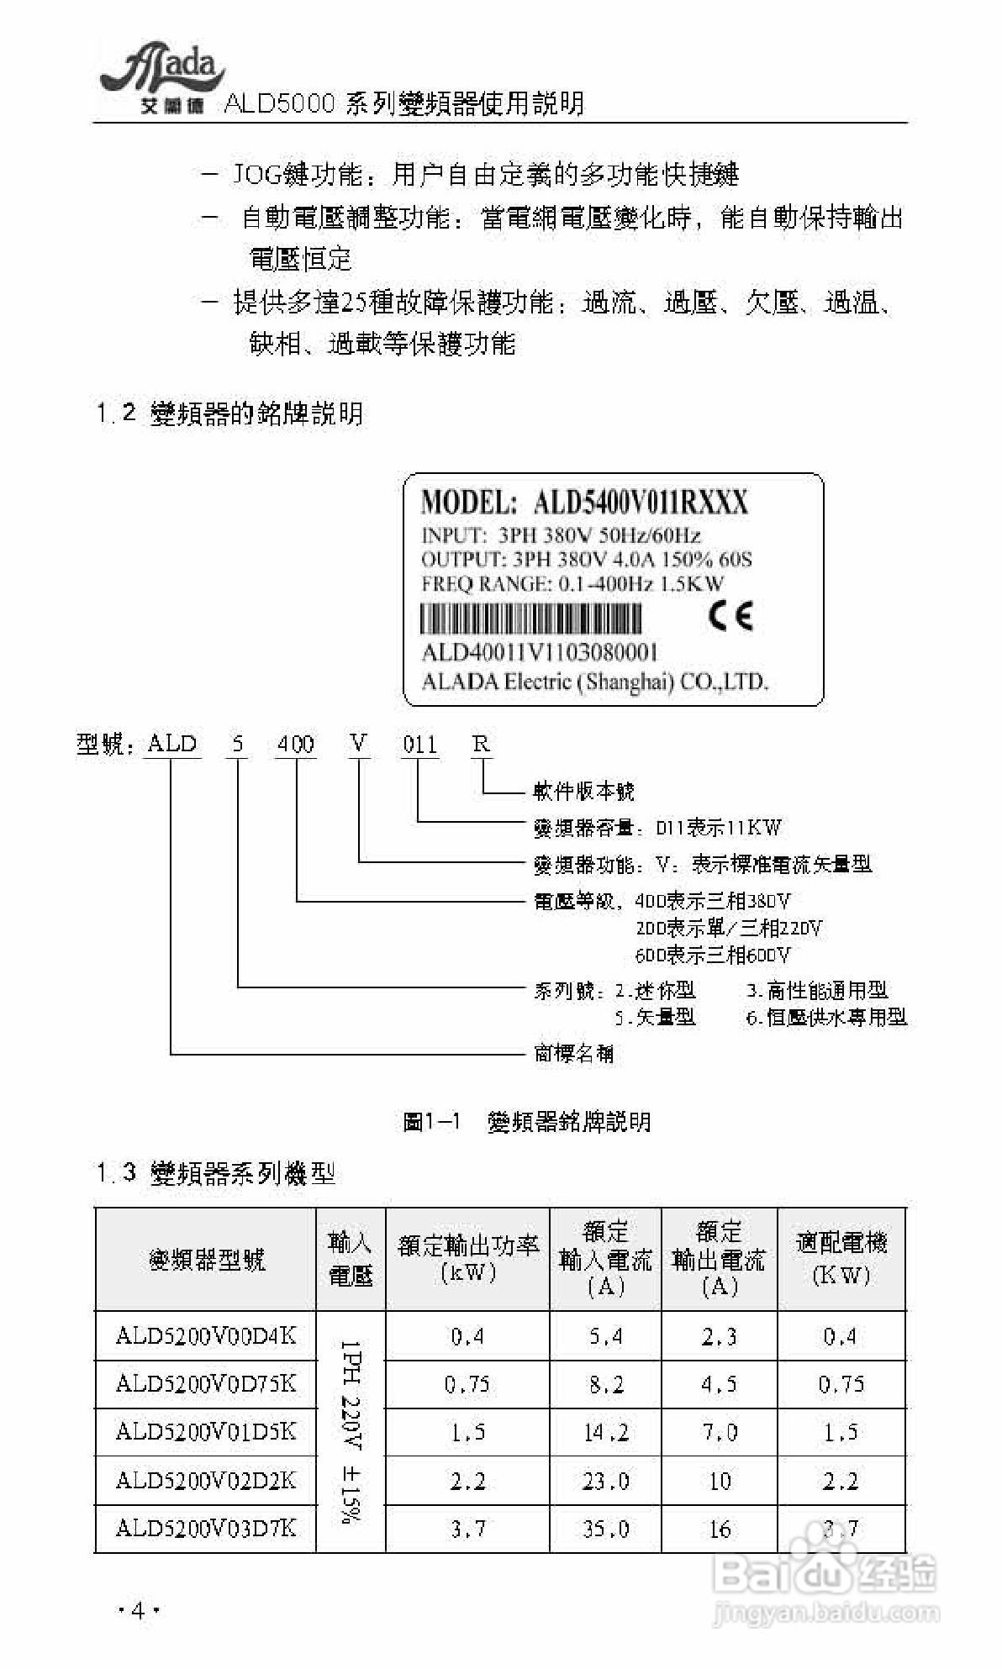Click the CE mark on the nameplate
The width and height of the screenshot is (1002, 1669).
pyautogui.click(x=730, y=616)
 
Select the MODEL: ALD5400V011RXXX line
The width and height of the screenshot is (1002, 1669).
pyautogui.click(x=584, y=503)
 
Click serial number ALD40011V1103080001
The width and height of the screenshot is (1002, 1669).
pyautogui.click(x=539, y=653)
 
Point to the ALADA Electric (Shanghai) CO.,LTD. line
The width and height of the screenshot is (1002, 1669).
pyautogui.click(x=594, y=681)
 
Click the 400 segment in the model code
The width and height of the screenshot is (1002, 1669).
pyautogui.click(x=296, y=744)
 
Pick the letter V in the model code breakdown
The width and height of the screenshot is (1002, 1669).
pyautogui.click(x=360, y=743)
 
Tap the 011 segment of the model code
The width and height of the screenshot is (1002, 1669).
pyautogui.click(x=419, y=744)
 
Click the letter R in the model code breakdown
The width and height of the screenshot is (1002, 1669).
pyautogui.click(x=481, y=743)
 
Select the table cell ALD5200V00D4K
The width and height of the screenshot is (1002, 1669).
pyautogui.click(x=206, y=1335)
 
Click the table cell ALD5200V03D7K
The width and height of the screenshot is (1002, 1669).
pyautogui.click(x=206, y=1527)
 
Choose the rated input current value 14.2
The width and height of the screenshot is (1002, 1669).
pyautogui.click(x=606, y=1432)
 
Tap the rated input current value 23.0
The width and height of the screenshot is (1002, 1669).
pyautogui.click(x=606, y=1480)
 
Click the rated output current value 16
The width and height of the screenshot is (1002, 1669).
pyautogui.click(x=720, y=1528)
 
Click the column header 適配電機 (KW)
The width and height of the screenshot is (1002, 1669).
pyautogui.click(x=841, y=1258)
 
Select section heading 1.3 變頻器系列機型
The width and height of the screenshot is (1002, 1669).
pyautogui.click(x=216, y=1172)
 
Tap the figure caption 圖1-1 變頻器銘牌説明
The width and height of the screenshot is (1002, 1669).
pyautogui.click(x=527, y=1121)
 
